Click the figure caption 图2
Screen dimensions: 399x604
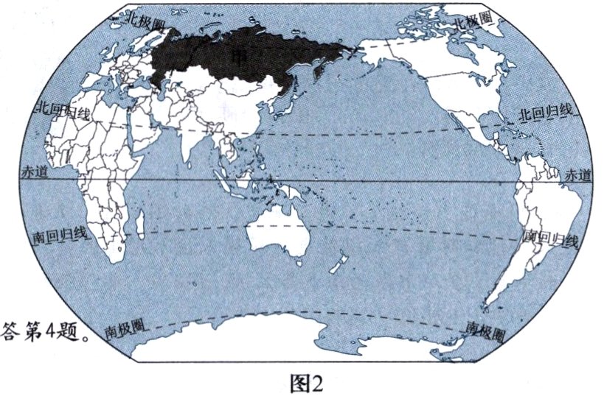point(302,383)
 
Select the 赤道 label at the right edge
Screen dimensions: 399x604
point(576,175)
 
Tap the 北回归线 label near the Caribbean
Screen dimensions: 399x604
point(544,113)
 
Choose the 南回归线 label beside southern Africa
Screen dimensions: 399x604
point(60,237)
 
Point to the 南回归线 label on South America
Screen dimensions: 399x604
point(549,239)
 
